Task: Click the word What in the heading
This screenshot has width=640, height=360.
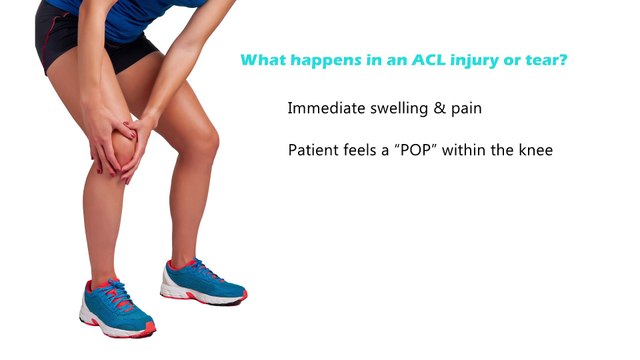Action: [x=263, y=60]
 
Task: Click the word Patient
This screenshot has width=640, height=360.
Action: [x=313, y=151]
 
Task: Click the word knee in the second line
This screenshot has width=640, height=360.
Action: [x=535, y=151]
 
